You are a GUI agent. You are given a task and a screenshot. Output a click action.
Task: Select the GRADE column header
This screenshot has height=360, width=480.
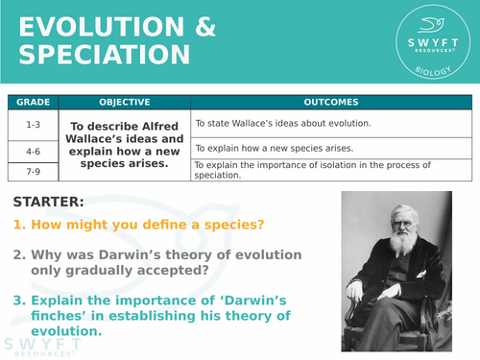click(x=33, y=103)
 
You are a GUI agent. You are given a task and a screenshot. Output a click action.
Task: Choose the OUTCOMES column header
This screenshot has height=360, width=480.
click(x=331, y=103)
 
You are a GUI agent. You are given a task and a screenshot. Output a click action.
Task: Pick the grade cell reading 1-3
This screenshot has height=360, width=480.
click(x=33, y=124)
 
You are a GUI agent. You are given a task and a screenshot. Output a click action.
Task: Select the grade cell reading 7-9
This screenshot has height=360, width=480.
click(x=33, y=171)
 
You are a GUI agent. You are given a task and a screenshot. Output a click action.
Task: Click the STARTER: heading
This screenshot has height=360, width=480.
click(x=49, y=202)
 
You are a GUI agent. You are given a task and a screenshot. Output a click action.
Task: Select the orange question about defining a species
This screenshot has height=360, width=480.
click(x=139, y=227)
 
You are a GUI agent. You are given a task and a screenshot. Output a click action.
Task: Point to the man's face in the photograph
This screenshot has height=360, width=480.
click(x=401, y=221)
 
